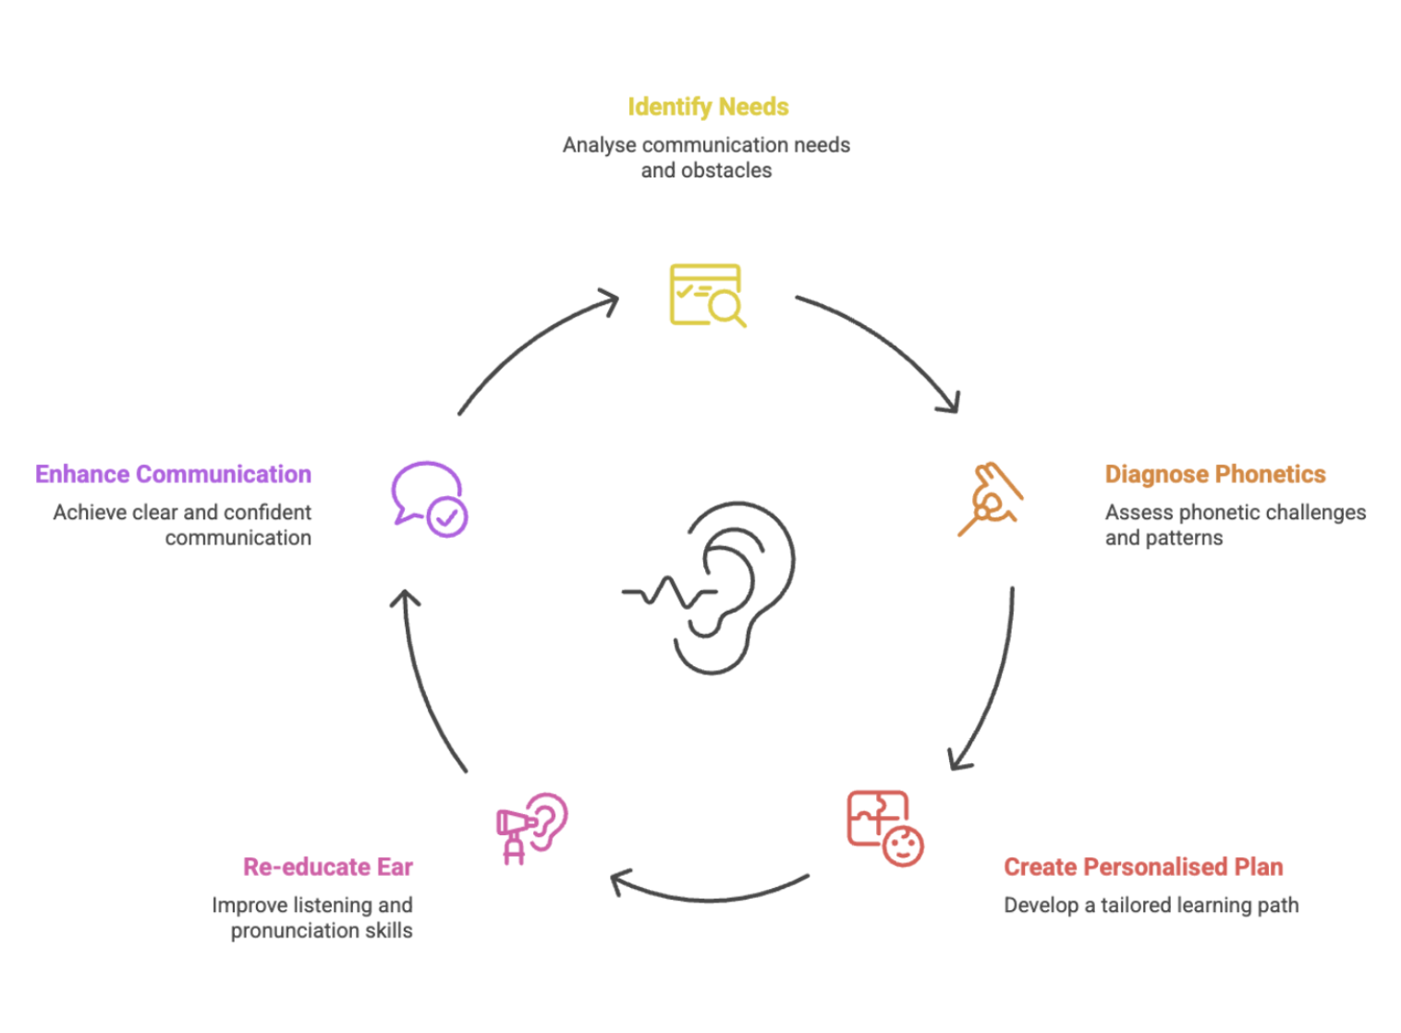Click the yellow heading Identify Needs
(x=708, y=107)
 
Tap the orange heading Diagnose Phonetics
(x=1214, y=474)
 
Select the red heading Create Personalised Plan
(x=1143, y=867)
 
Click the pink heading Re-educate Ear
(x=328, y=867)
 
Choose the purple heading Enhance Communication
(x=173, y=474)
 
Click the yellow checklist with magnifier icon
(x=706, y=296)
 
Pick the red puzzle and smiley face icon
(x=884, y=828)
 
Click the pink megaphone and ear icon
(x=531, y=827)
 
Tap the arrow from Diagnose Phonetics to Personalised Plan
(x=994, y=684)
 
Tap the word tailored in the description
(x=1136, y=905)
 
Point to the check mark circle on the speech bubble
(x=447, y=517)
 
